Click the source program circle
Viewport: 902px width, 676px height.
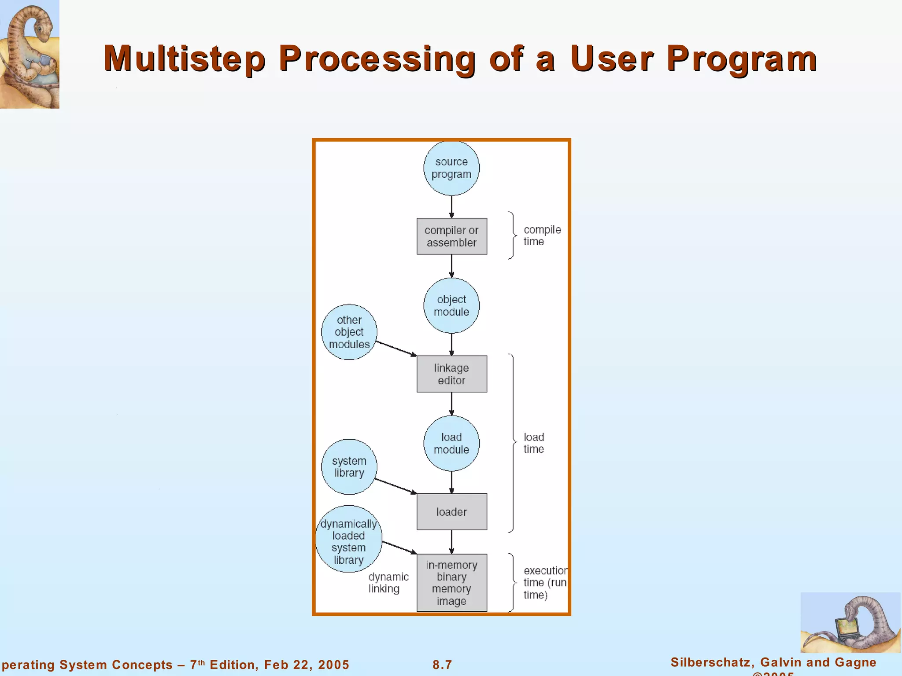pyautogui.click(x=451, y=168)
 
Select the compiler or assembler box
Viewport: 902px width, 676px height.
pyautogui.click(x=451, y=236)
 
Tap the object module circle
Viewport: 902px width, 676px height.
pyautogui.click(x=451, y=305)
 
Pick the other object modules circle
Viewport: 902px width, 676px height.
pyautogui.click(x=349, y=332)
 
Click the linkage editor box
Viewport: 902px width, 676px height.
pyautogui.click(x=451, y=374)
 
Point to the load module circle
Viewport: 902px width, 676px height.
pyautogui.click(x=451, y=443)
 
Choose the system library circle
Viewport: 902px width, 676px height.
pyautogui.click(x=349, y=467)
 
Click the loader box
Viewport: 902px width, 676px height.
pyautogui.click(x=451, y=512)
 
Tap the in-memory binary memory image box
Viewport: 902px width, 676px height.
pyautogui.click(x=451, y=583)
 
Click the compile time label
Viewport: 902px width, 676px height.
pyautogui.click(x=542, y=235)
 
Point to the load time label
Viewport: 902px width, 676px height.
pyautogui.click(x=534, y=443)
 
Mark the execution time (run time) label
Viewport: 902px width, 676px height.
pyautogui.click(x=544, y=583)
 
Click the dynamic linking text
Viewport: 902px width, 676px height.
pyautogui.click(x=388, y=583)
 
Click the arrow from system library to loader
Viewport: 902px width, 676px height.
pyautogui.click(x=396, y=486)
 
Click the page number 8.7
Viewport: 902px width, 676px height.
pyautogui.click(x=442, y=665)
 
